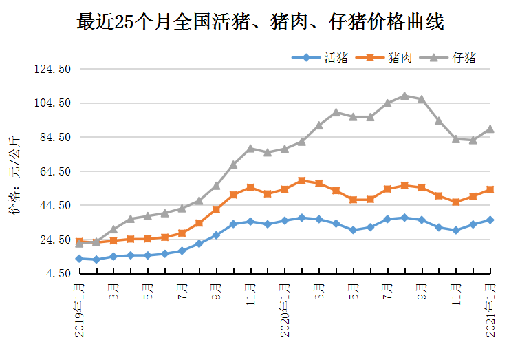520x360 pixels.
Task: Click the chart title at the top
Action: pos(260,22)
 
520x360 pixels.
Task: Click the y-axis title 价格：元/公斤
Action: pos(14,176)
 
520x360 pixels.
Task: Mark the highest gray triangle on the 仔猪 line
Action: pos(404,96)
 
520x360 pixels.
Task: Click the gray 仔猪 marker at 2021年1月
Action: pos(490,129)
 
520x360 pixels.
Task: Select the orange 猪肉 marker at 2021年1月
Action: pos(490,189)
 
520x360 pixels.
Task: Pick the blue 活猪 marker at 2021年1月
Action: pos(490,220)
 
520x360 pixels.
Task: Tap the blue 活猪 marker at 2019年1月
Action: pos(80,259)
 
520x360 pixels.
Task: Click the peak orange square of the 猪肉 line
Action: pos(302,180)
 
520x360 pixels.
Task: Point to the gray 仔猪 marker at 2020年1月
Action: pos(285,149)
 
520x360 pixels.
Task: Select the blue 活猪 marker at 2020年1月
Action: pos(285,220)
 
